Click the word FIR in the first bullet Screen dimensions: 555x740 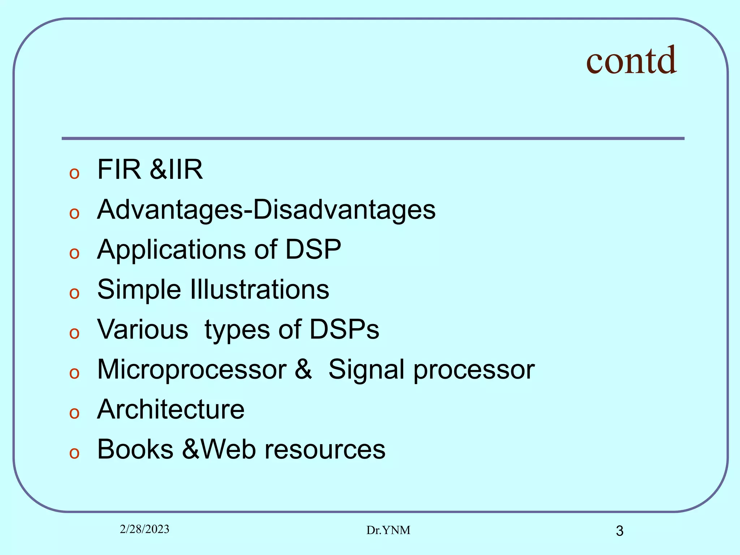point(119,169)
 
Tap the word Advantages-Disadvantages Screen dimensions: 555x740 point(266,210)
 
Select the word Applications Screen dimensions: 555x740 point(171,250)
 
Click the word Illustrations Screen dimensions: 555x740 point(259,289)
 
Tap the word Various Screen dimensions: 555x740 point(143,330)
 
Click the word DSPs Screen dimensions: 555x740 point(344,330)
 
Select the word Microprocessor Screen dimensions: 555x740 point(192,370)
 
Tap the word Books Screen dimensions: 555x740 point(135,449)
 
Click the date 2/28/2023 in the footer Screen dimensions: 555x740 point(145,529)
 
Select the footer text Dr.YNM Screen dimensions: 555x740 point(388,530)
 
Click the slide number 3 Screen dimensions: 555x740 point(619,531)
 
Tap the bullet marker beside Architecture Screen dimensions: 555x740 point(74,413)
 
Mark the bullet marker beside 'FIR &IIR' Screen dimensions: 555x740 point(74,173)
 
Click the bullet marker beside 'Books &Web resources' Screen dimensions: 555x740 point(74,453)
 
